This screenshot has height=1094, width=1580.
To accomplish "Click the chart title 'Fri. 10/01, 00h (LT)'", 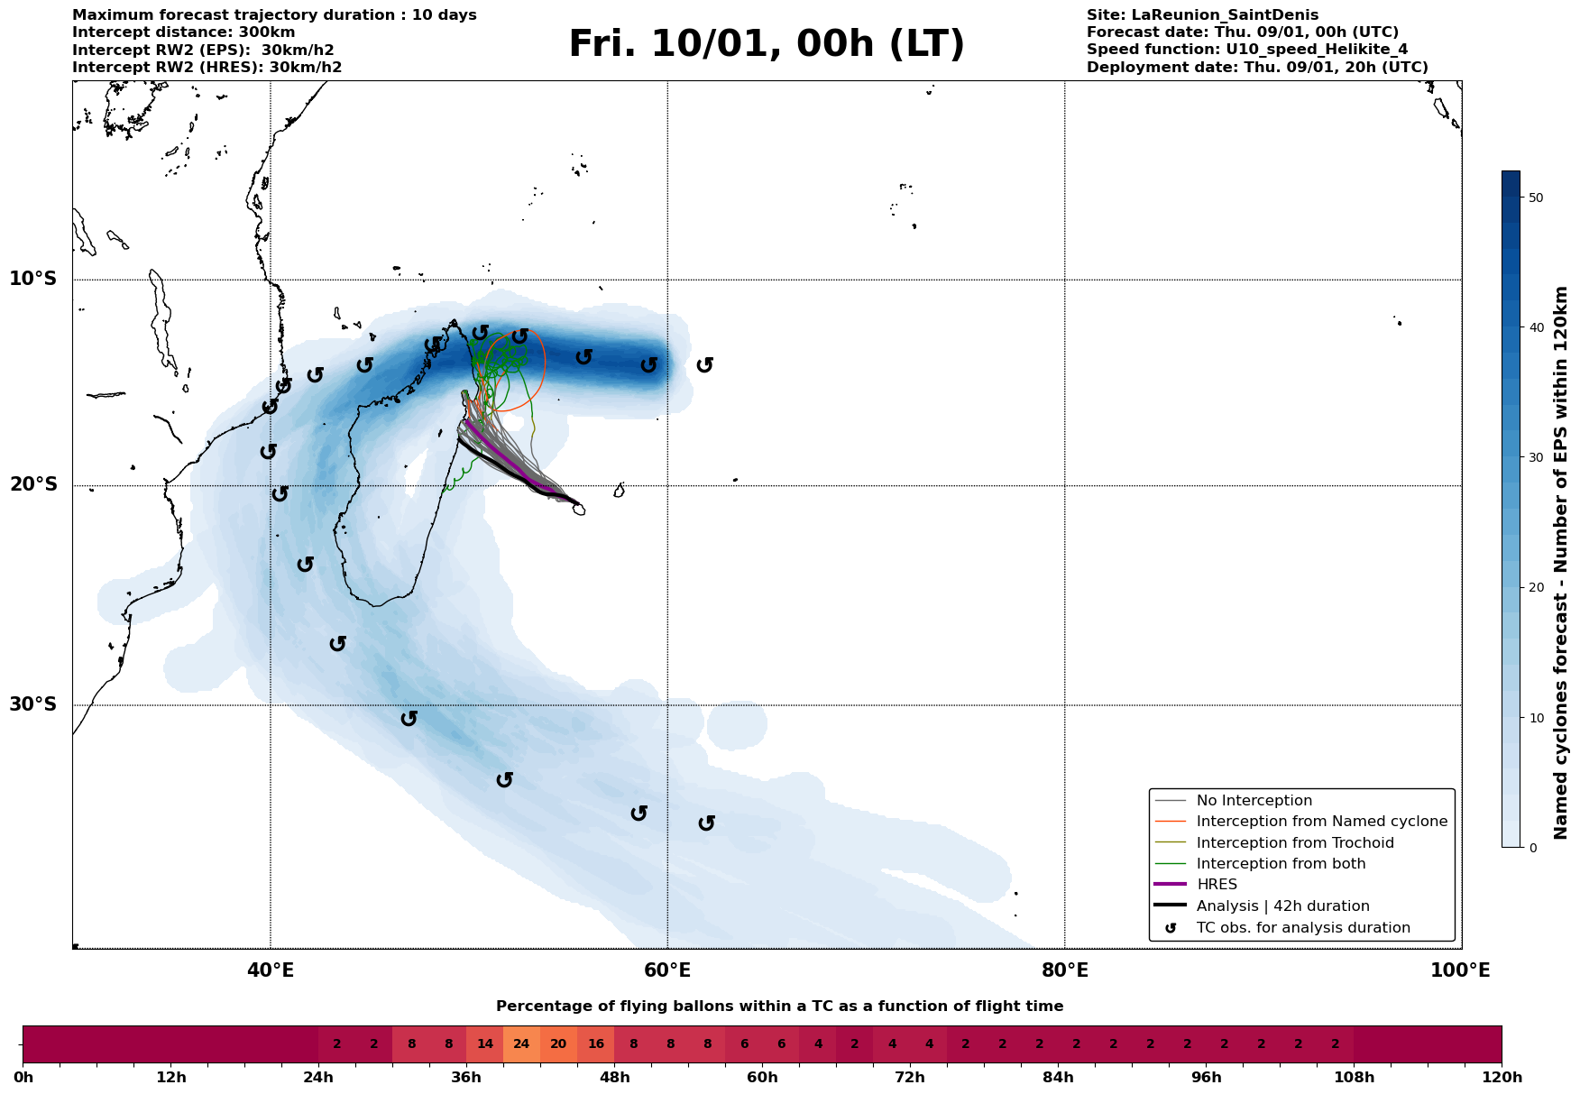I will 766,44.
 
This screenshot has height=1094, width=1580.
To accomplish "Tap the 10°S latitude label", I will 33,279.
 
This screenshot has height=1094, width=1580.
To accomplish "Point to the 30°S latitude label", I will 33,704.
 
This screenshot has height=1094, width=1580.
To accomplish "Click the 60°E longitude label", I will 667,970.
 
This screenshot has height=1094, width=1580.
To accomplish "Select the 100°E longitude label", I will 1460,970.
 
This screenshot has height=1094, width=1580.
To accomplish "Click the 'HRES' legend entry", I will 1217,885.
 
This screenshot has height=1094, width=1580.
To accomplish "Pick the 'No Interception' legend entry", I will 1254,801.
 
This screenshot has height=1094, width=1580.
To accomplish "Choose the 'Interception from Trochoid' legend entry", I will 1294,843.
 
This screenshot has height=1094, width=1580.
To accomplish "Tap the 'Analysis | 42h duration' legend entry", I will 1282,906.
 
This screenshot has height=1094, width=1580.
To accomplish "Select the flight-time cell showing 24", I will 521,1044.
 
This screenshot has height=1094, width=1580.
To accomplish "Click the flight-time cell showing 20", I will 558,1044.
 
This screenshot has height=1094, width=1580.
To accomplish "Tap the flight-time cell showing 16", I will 595,1044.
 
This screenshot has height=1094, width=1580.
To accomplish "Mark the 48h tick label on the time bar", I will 614,1078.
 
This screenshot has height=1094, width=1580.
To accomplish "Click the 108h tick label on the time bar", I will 1354,1078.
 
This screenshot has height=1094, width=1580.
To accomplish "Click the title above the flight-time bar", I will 779,1007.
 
